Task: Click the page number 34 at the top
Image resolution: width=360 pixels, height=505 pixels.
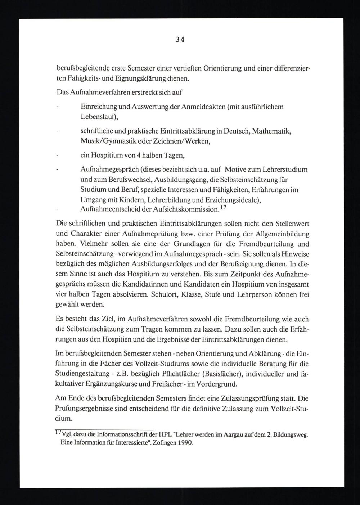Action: click(x=180, y=40)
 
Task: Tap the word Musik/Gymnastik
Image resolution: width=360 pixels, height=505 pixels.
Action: click(x=105, y=141)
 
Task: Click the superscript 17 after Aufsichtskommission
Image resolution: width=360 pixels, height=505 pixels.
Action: click(x=224, y=208)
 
